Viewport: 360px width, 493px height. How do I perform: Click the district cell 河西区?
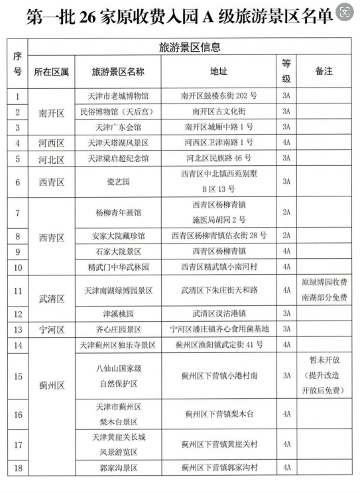(51, 143)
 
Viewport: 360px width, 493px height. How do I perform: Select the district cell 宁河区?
(51, 329)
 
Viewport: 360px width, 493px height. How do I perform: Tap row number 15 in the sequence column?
(18, 376)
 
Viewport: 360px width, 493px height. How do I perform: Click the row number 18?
(18, 468)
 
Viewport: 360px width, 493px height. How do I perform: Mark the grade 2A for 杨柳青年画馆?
(286, 213)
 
